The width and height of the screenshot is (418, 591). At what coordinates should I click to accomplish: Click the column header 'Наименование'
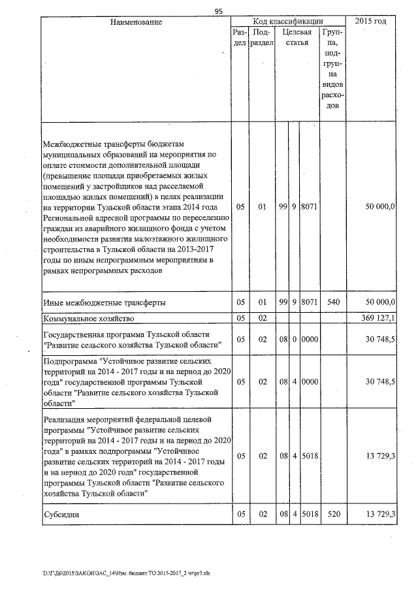point(136,22)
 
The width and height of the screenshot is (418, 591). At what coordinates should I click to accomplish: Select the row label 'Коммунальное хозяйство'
point(88,319)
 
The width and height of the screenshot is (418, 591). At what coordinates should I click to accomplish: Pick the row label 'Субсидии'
point(61,515)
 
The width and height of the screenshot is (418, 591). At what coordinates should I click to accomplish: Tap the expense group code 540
point(330,302)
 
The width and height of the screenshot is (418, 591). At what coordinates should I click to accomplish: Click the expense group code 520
point(330,515)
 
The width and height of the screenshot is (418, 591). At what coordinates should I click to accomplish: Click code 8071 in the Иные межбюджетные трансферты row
point(308,302)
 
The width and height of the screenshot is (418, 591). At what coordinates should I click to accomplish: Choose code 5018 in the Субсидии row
point(308,515)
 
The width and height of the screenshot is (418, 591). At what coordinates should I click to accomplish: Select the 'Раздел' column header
point(240,37)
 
